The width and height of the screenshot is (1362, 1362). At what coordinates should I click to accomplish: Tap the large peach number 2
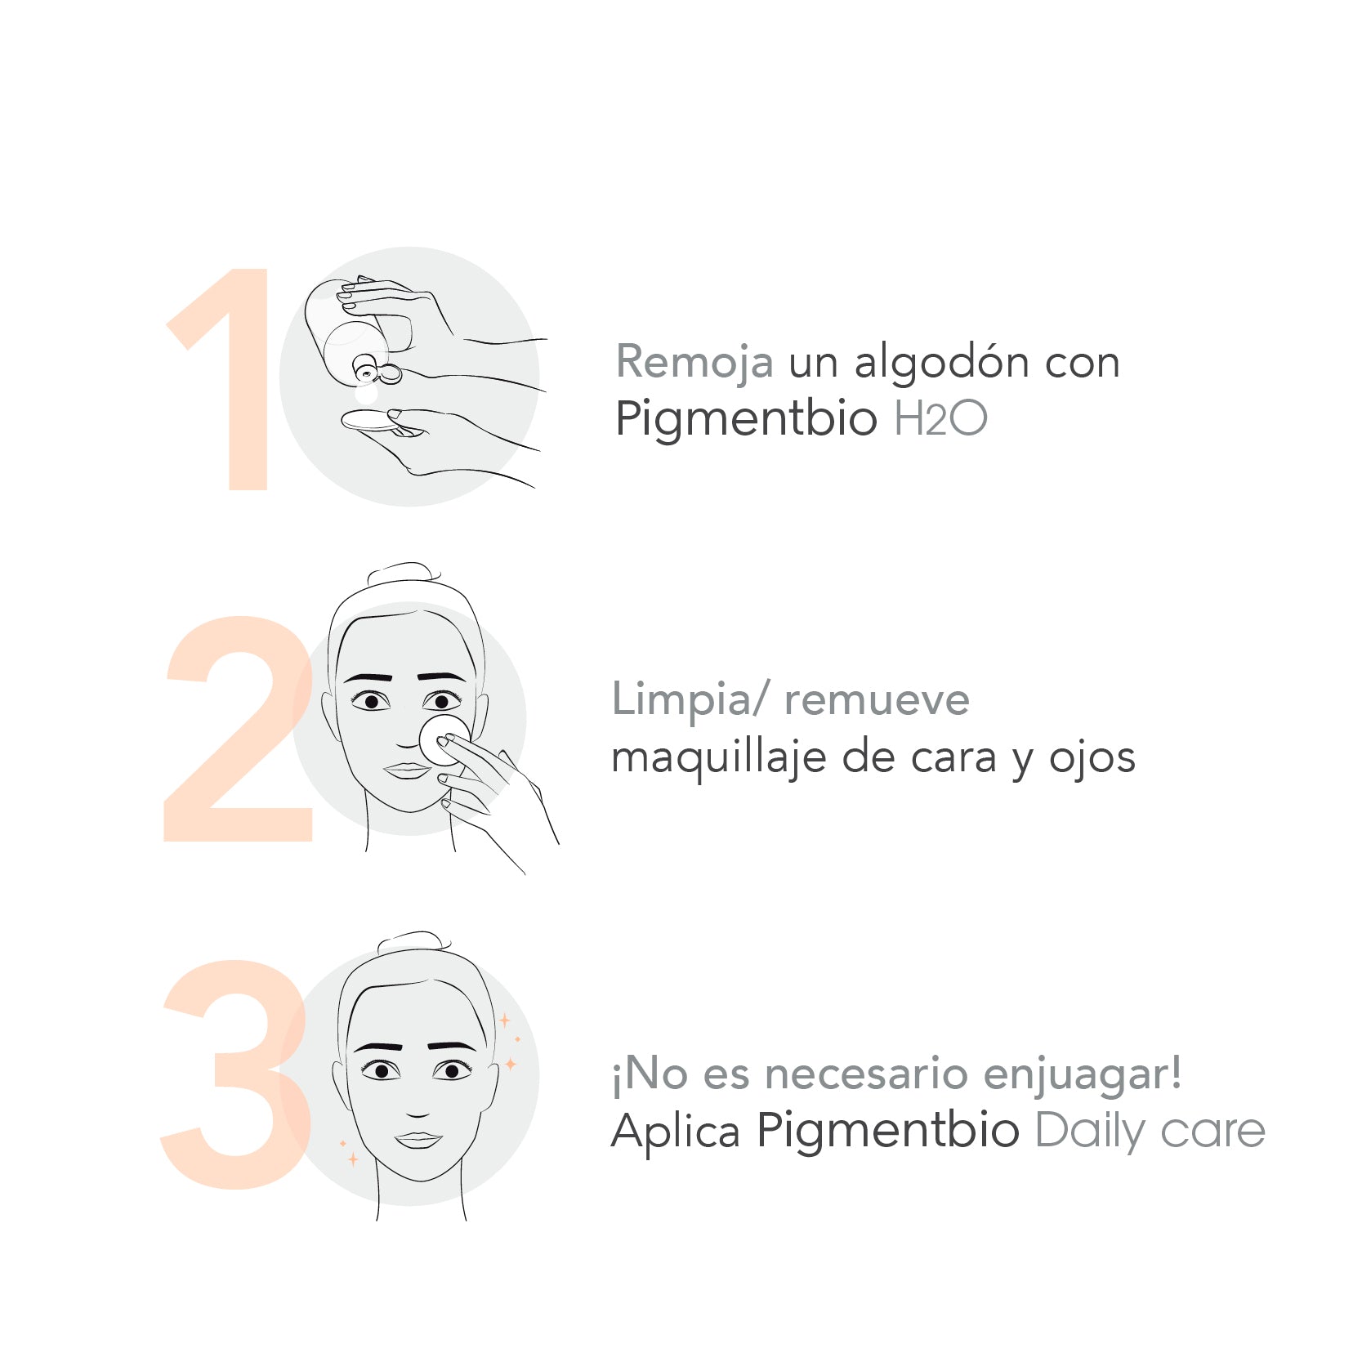pyautogui.click(x=237, y=735)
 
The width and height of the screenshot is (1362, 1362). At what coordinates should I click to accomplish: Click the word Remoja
pyautogui.click(x=694, y=362)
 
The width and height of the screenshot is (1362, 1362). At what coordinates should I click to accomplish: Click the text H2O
pyautogui.click(x=940, y=419)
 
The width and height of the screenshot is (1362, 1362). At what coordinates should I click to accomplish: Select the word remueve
pyautogui.click(x=877, y=700)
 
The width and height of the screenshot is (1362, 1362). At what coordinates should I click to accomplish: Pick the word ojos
pyautogui.click(x=1092, y=758)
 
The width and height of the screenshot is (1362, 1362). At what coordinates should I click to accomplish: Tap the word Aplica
pyautogui.click(x=676, y=1132)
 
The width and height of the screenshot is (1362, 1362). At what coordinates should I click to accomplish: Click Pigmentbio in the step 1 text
pyautogui.click(x=746, y=419)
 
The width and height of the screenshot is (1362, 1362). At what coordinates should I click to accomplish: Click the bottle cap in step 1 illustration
pyautogui.click(x=389, y=373)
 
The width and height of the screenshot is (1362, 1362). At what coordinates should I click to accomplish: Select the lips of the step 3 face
pyautogui.click(x=418, y=1139)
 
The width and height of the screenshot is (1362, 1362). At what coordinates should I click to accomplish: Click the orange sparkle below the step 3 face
pyautogui.click(x=353, y=1159)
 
